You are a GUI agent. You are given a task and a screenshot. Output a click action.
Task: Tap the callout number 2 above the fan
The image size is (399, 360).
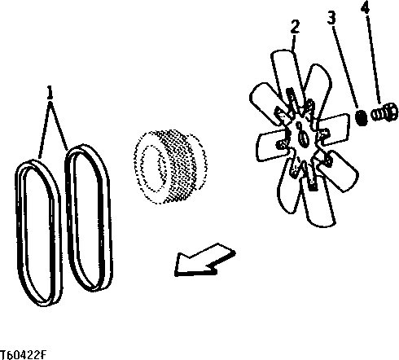295,25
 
